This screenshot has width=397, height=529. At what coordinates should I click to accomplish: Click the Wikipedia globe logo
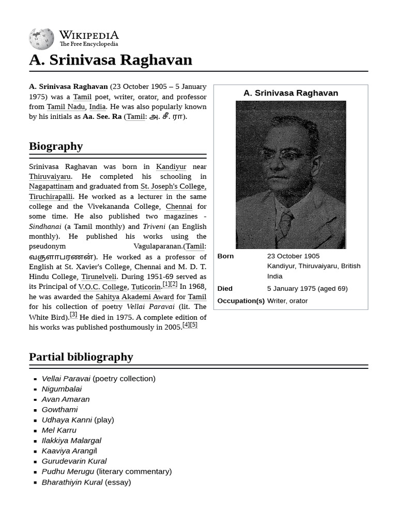[x=41, y=39]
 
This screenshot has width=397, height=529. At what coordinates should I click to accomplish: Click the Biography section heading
[x=56, y=146]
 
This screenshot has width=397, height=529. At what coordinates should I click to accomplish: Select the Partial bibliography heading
[x=81, y=357]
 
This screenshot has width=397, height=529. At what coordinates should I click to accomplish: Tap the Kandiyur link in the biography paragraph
[x=171, y=167]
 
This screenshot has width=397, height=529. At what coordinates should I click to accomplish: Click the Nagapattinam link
[x=51, y=186]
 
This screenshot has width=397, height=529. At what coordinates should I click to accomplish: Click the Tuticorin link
[x=146, y=287]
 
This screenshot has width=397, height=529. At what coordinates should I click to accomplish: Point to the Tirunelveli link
[x=99, y=277]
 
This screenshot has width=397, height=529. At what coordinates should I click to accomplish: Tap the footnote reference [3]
[x=73, y=315]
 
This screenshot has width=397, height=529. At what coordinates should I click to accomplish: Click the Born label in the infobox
[x=225, y=256]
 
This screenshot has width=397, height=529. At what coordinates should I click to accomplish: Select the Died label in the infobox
[x=225, y=289]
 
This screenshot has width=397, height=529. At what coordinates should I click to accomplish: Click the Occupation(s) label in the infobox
[x=241, y=301]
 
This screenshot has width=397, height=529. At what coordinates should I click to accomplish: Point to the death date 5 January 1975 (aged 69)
[x=307, y=289]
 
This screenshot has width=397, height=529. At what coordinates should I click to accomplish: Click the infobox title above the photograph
[x=291, y=93]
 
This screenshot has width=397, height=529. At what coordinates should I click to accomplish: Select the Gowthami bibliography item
[x=59, y=410]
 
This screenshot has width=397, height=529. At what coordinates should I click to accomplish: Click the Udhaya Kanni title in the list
[x=67, y=420]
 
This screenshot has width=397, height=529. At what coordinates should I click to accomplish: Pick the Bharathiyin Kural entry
[x=72, y=482]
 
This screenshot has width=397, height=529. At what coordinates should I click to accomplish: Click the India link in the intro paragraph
[x=97, y=107]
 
